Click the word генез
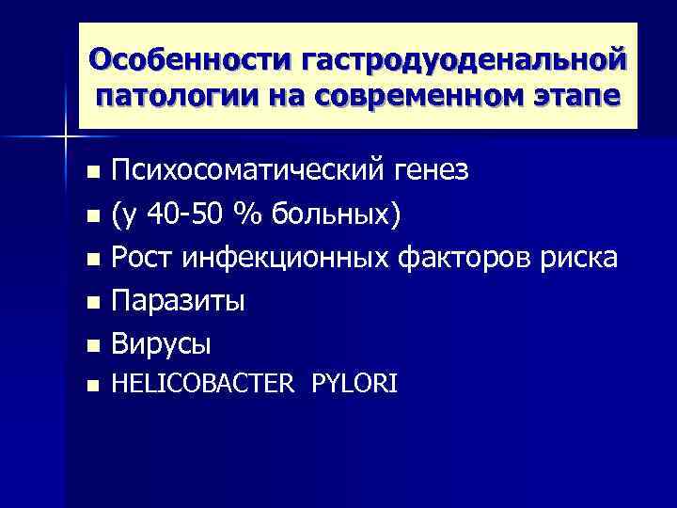(x=433, y=171)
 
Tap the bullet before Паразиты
(x=91, y=303)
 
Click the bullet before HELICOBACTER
(x=91, y=385)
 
